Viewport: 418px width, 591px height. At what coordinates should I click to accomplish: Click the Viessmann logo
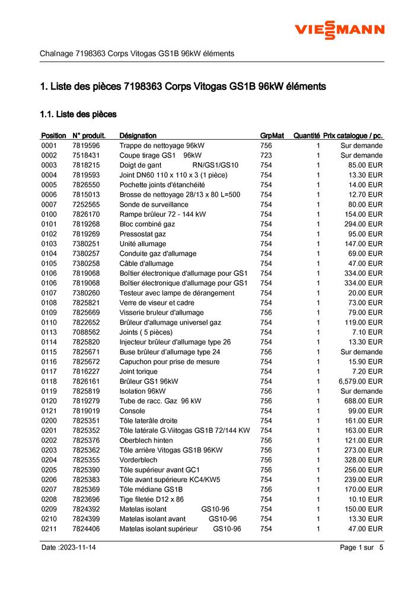[340, 29]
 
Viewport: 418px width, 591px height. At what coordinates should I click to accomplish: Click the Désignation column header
[138, 136]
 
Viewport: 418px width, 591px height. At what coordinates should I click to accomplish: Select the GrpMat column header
[272, 136]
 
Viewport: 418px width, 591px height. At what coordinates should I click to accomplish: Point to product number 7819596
[86, 146]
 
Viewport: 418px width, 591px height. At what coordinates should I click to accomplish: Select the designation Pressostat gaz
[142, 234]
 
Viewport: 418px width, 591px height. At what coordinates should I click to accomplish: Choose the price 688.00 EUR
[365, 401]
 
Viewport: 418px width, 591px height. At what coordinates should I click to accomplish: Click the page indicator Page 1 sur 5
[362, 548]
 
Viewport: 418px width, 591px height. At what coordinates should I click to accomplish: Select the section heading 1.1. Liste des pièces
[78, 114]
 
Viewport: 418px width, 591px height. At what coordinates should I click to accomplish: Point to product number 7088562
[86, 332]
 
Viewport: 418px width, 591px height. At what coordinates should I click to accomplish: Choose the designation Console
[132, 411]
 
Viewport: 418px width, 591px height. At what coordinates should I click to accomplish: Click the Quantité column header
[307, 136]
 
